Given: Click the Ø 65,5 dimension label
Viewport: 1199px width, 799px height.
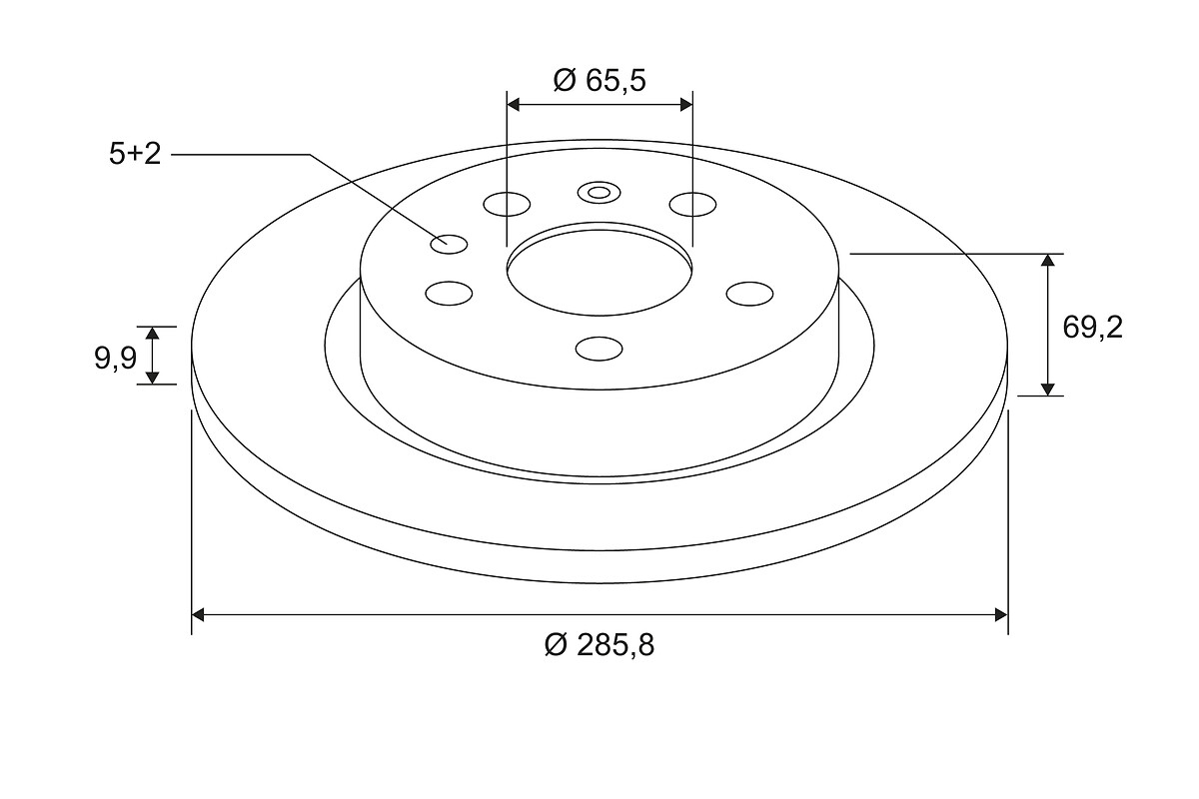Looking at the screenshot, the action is (x=599, y=80).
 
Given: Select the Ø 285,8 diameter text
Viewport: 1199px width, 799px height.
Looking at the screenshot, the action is (x=599, y=644).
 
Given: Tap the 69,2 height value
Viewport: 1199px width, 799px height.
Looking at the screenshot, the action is (x=1092, y=328).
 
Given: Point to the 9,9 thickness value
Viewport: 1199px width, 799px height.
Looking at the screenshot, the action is (x=116, y=358).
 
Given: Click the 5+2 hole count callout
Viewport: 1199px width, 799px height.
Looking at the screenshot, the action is (x=135, y=154).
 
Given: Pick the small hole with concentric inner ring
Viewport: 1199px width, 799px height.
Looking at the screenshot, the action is (x=599, y=193).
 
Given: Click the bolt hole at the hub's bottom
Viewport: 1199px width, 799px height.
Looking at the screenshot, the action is (x=599, y=349).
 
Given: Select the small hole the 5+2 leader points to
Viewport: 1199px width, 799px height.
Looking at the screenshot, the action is (x=449, y=244).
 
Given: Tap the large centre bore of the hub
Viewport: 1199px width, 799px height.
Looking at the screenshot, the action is (x=599, y=271).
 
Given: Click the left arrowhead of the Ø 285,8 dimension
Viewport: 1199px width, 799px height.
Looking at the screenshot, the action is (x=198, y=615).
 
